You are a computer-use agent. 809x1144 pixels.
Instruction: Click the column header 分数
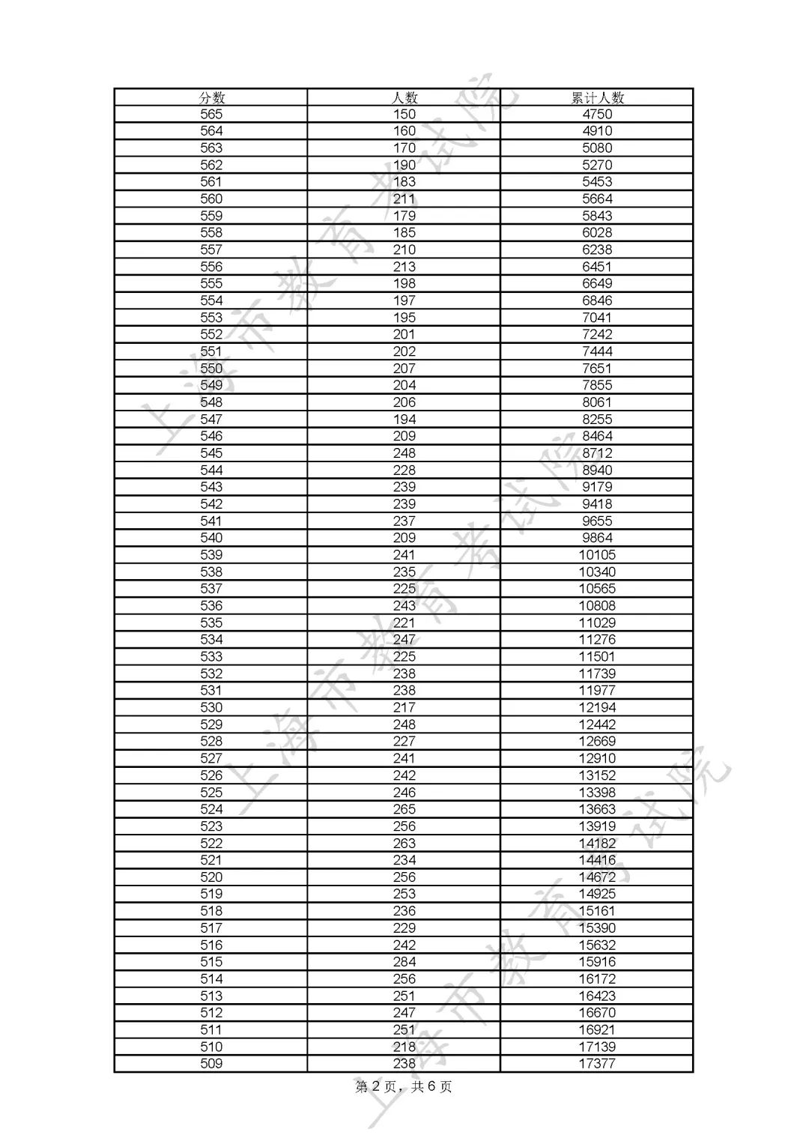211,97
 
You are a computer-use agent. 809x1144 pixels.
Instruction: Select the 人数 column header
404,97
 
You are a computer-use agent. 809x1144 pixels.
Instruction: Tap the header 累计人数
597,97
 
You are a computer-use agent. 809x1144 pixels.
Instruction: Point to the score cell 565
211,114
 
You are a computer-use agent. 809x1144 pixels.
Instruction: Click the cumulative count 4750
597,114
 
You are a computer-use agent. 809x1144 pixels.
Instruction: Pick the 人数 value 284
404,961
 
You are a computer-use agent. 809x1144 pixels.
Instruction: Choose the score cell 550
211,368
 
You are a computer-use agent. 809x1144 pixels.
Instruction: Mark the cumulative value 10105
597,554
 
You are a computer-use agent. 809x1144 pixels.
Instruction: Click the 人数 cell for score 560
404,199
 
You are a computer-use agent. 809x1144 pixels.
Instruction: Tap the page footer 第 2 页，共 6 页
404,1086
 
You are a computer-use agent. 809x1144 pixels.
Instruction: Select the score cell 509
211,1063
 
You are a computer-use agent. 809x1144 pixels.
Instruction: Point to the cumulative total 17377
597,1063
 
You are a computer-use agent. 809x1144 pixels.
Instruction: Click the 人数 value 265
404,809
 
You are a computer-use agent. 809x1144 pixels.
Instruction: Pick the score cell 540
211,537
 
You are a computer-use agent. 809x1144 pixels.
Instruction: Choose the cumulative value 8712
597,453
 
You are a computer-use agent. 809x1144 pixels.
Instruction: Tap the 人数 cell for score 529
404,724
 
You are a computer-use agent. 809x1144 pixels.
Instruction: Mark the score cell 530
211,707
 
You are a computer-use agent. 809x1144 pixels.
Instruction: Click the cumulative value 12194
597,707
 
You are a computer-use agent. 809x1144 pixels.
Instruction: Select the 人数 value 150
404,114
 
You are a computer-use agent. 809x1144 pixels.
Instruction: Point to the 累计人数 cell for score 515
597,961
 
